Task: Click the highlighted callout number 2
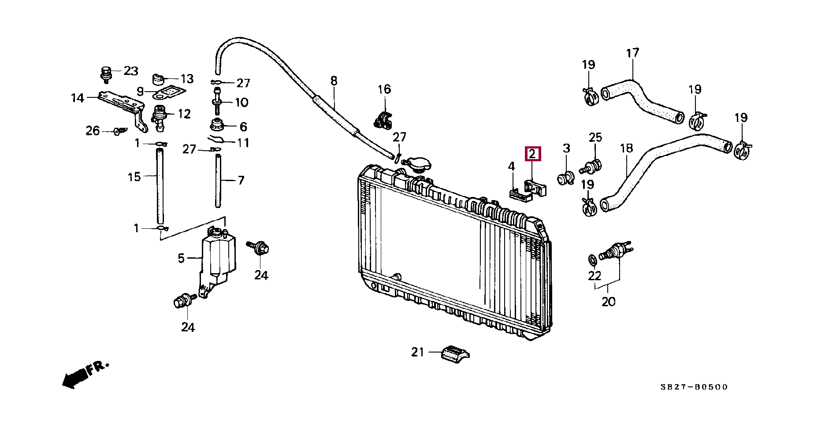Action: [532, 154]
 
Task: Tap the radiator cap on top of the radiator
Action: [416, 165]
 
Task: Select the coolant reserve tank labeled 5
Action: [218, 258]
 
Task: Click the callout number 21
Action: [417, 352]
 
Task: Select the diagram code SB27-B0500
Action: [694, 387]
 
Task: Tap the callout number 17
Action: [632, 53]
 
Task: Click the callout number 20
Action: [608, 302]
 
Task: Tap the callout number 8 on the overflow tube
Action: [334, 81]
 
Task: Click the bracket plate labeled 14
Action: [119, 106]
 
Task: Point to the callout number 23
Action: [130, 71]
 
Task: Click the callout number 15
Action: [134, 177]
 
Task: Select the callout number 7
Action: [241, 180]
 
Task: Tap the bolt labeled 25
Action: [592, 167]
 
